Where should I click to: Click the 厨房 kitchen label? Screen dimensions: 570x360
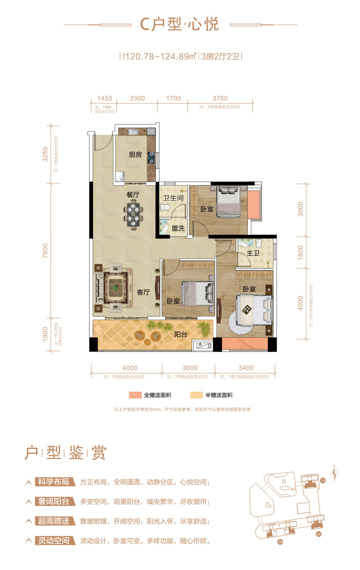tap(135, 155)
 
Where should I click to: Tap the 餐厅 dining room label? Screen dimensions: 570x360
tap(133, 195)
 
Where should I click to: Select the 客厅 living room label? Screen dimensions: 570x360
tap(143, 292)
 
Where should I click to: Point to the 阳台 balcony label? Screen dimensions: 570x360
tap(180, 334)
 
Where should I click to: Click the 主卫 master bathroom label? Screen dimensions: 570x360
tap(253, 253)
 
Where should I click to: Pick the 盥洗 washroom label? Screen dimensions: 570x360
tap(178, 228)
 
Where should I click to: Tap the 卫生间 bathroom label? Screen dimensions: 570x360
tap(173, 198)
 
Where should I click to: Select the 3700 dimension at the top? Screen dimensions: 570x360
tap(220, 98)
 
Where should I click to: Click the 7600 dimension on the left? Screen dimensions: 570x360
tap(45, 250)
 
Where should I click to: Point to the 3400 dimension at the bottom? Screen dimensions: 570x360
tap(246, 368)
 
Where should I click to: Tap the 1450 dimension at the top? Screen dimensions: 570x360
tap(105, 98)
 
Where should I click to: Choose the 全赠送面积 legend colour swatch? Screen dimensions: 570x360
tap(135, 395)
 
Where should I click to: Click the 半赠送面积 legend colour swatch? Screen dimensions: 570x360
tap(197, 395)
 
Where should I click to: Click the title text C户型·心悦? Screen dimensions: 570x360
tap(180, 25)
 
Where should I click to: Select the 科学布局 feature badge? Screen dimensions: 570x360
tap(54, 482)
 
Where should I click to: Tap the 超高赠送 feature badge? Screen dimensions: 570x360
tap(54, 521)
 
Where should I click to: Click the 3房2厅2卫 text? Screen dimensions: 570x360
tap(220, 57)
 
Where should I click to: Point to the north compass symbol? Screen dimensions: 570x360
tap(334, 473)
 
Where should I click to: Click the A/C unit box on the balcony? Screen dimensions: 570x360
tap(202, 346)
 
